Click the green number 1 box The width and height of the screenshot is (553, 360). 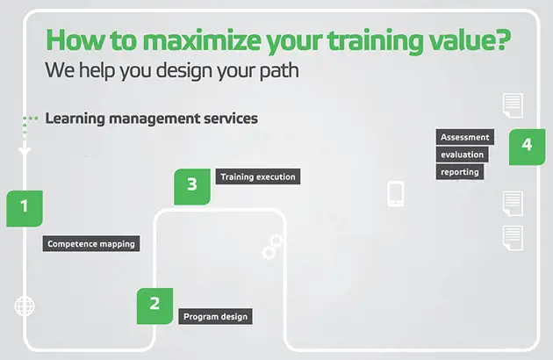click(25, 208)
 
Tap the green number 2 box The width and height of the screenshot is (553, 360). click(154, 306)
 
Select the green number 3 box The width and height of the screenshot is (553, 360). click(192, 187)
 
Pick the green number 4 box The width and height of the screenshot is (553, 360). click(527, 147)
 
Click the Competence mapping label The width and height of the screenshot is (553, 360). click(91, 243)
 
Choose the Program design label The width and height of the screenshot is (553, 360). click(215, 316)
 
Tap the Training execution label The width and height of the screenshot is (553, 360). click(258, 176)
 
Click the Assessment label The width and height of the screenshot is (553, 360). click(465, 137)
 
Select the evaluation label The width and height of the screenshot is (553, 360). click(462, 155)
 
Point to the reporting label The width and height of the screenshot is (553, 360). click(460, 171)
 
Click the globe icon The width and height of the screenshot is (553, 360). click(25, 306)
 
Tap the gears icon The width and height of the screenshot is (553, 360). click(272, 247)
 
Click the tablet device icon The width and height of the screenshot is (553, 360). click(396, 193)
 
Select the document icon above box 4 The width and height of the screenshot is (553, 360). click(513, 105)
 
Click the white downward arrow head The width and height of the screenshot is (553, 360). click(25, 149)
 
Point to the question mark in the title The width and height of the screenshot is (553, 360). click(502, 39)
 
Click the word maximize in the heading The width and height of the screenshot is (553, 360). click(202, 40)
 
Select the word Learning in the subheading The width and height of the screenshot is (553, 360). click(75, 119)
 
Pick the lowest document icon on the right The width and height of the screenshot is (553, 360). click(513, 238)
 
